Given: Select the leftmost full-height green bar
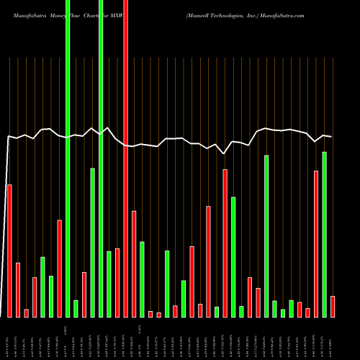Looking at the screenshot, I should tap(68, 158).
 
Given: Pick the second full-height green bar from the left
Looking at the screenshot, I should tap(101, 158).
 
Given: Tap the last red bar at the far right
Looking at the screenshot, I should tap(333, 306).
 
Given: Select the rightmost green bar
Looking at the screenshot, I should tap(324, 234).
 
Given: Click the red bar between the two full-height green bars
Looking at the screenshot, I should tap(84, 294).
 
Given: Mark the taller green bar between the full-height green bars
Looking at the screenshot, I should tap(92, 243).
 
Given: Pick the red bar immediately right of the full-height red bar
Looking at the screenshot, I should tap(134, 264).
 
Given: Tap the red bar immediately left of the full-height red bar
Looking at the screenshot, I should tap(117, 282).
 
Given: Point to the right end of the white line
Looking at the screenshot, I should tap(331, 137).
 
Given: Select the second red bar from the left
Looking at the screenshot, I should tap(18, 289).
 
